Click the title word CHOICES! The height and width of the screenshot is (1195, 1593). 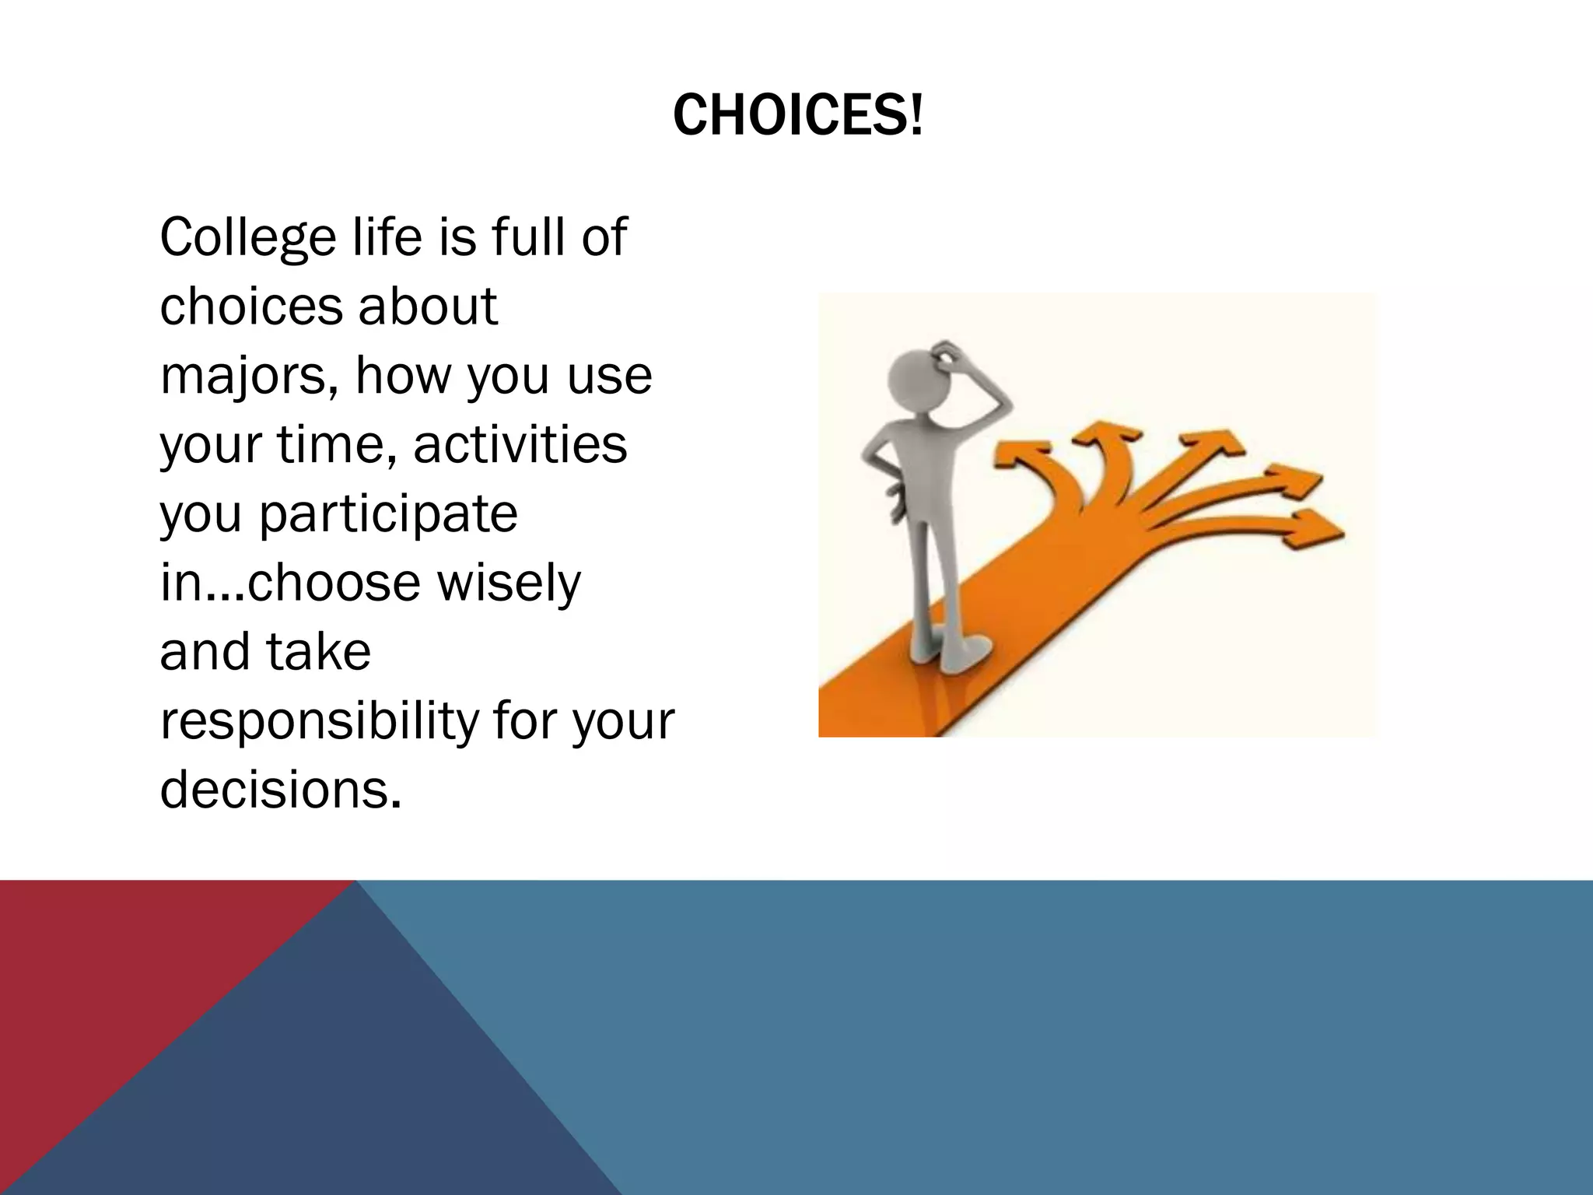pos(797,115)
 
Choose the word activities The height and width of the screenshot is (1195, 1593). pos(520,446)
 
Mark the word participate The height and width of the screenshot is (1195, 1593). pos(387,516)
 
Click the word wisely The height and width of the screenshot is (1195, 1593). pos(509,583)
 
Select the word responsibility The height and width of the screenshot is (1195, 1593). pos(320,722)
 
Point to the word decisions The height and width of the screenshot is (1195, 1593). pos(280,790)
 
